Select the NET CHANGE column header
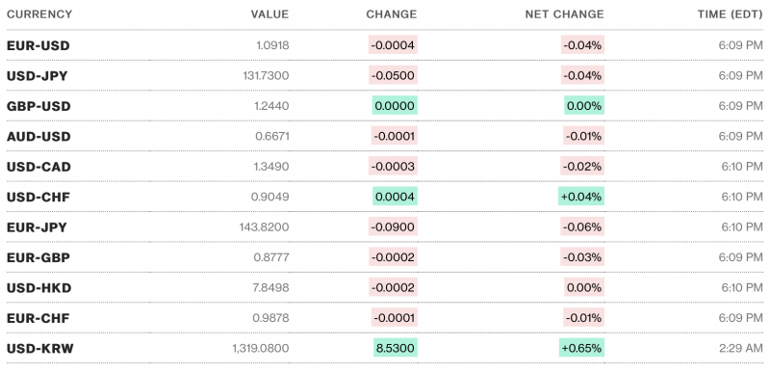564,14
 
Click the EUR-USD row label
38,45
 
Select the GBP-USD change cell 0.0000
394,106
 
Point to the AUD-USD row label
38,137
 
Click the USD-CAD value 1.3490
268,167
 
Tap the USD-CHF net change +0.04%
580,197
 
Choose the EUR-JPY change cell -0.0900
394,227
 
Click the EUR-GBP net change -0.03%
582,257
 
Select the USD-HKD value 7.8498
268,288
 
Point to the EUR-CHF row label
38,318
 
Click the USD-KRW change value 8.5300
395,348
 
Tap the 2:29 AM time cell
739,348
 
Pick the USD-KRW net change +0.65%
580,348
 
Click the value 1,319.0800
260,348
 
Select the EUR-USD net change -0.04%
582,45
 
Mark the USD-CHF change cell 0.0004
395,197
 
